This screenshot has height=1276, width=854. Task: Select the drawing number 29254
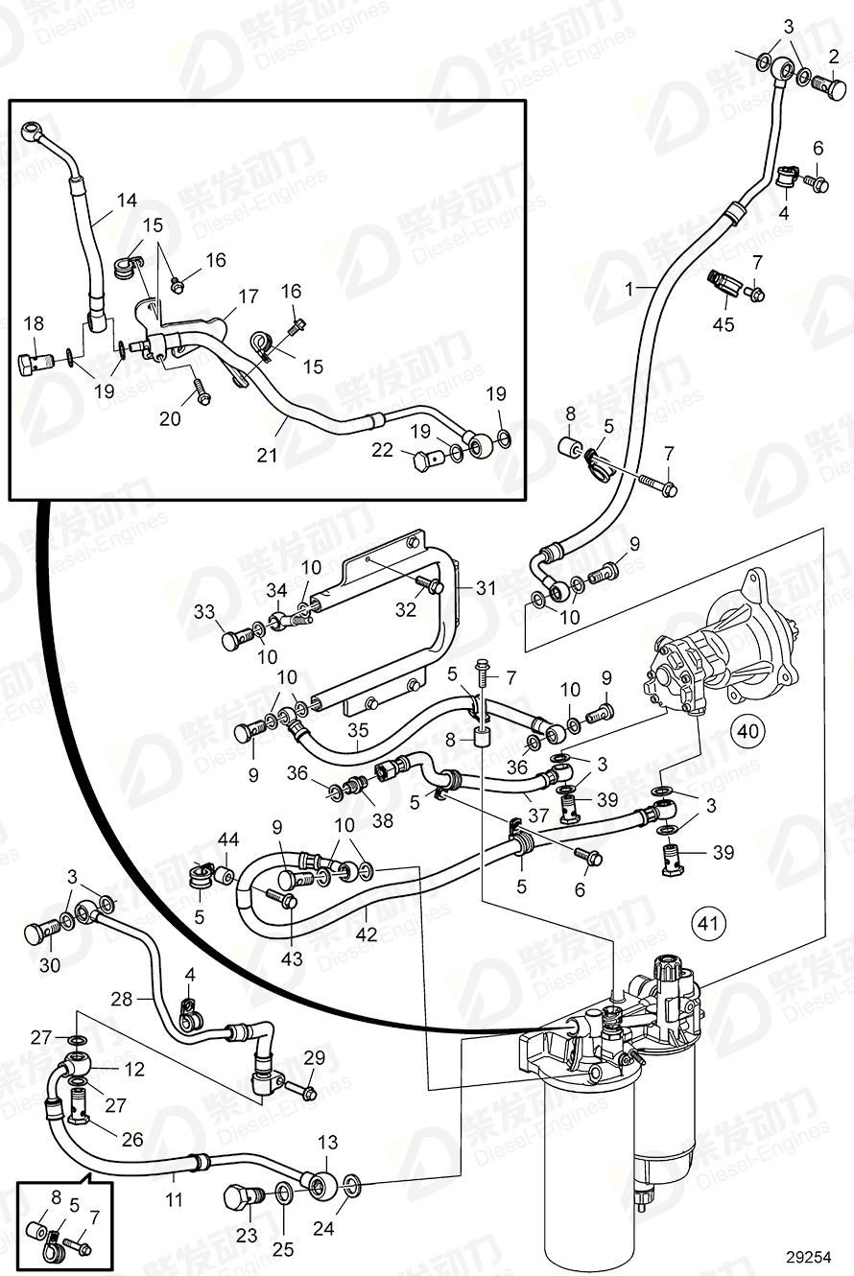point(807,1255)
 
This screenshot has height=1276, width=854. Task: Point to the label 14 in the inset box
point(127,201)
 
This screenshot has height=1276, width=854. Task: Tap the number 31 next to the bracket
point(486,588)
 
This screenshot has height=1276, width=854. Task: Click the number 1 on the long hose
point(629,288)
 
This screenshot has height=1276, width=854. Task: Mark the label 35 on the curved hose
point(357,731)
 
